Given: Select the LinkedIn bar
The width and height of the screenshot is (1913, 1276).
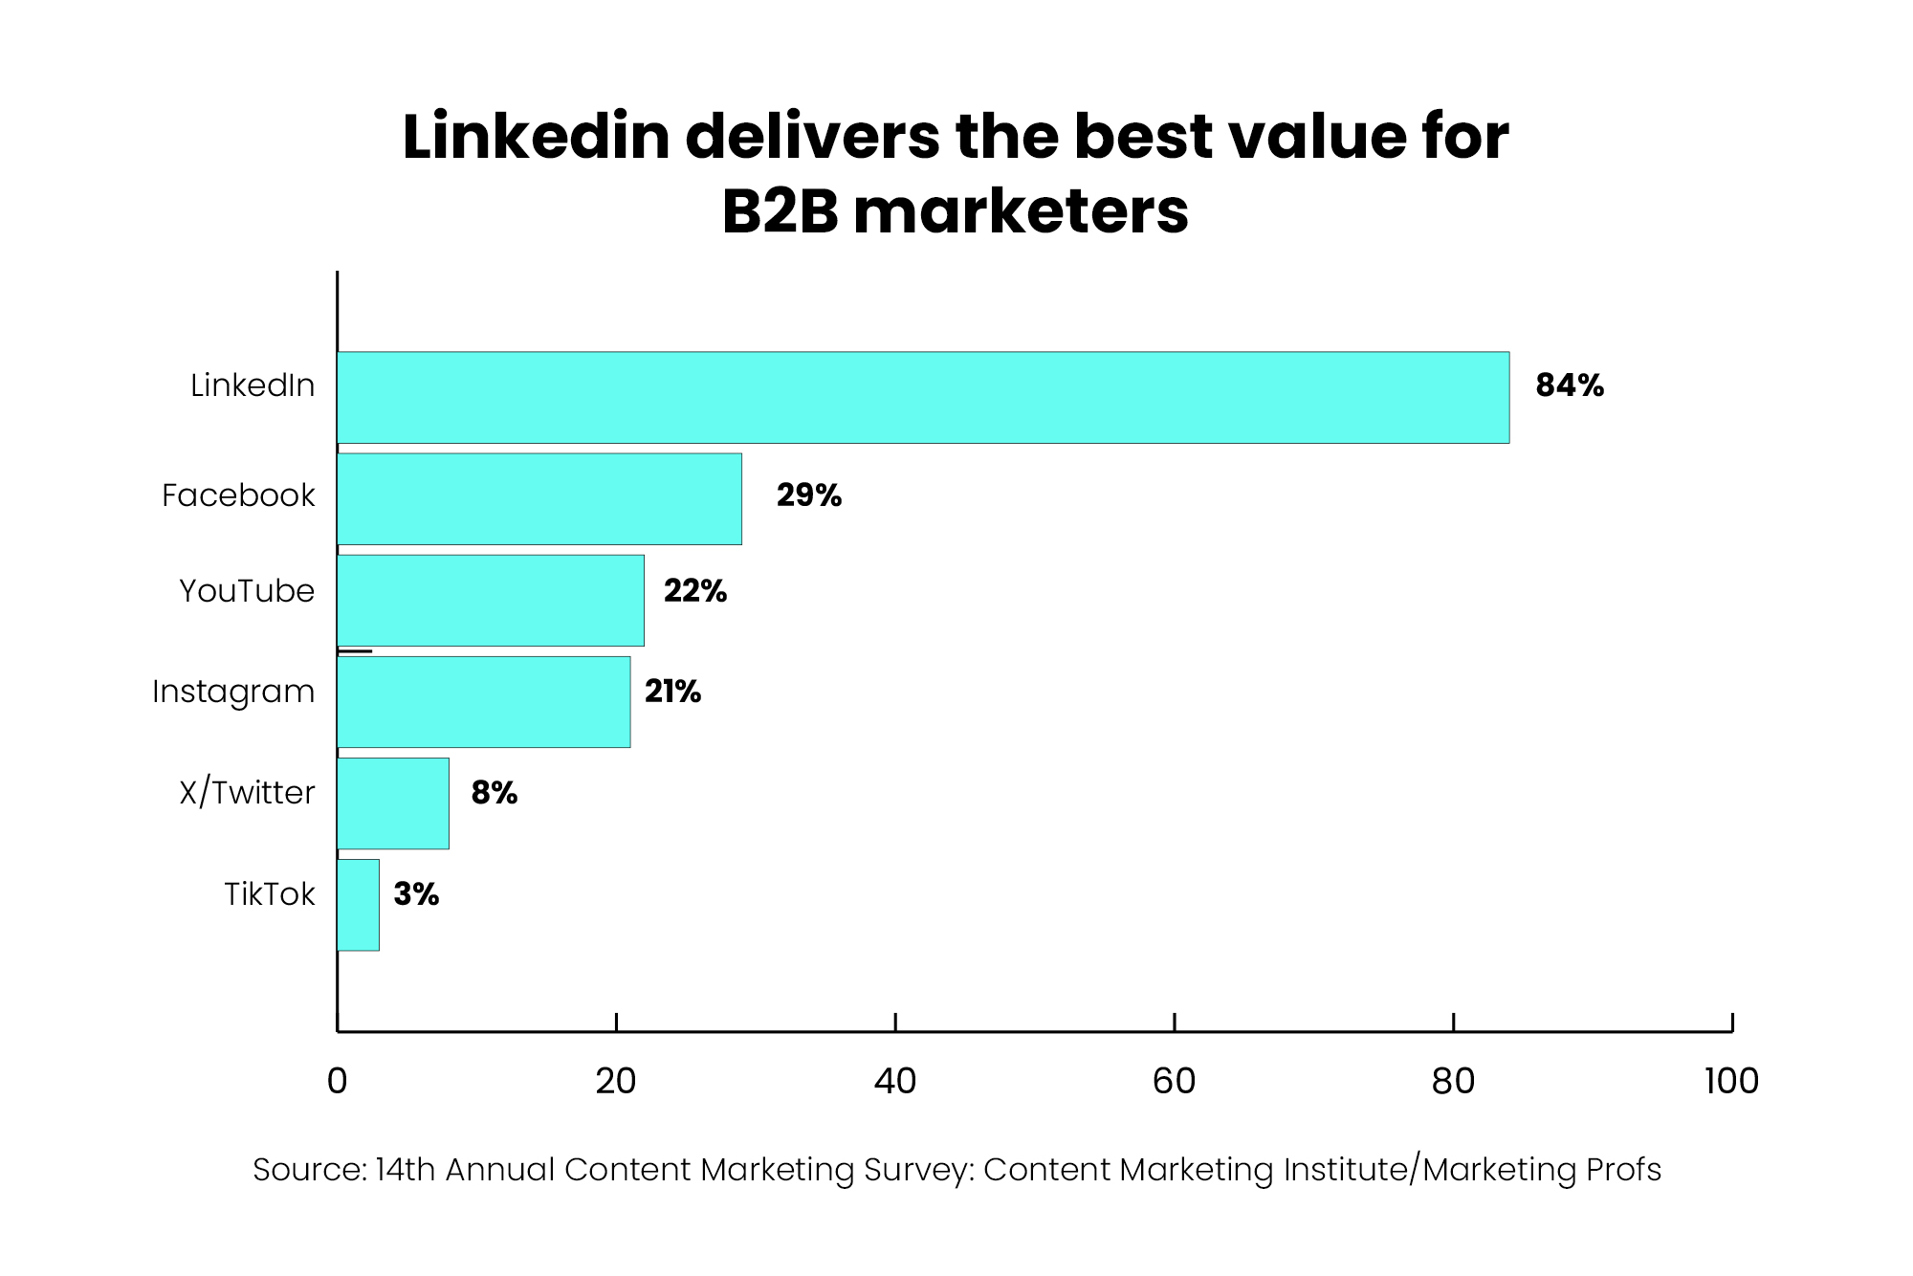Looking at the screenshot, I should pyautogui.click(x=923, y=397).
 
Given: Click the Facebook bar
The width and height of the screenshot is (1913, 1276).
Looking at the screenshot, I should pyautogui.click(x=539, y=498).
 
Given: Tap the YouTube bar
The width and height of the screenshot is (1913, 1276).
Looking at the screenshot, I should pyautogui.click(x=491, y=600).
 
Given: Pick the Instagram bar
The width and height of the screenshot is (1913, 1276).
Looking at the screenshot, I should pyautogui.click(x=484, y=701).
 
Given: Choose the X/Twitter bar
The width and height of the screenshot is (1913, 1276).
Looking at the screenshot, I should pyautogui.click(x=393, y=803).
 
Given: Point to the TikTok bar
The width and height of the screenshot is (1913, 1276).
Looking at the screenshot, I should pyautogui.click(x=359, y=904).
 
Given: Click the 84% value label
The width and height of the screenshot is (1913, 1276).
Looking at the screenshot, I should pyautogui.click(x=1569, y=385).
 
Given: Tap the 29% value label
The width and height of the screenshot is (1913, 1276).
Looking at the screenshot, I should pyautogui.click(x=808, y=495).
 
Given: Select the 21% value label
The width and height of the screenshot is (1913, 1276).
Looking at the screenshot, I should pyautogui.click(x=672, y=692).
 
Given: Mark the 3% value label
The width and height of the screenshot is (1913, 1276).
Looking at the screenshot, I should pyautogui.click(x=416, y=894).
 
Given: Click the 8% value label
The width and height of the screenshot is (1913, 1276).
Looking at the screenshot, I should pyautogui.click(x=494, y=793).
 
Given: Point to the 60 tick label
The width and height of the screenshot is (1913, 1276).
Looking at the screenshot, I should pyautogui.click(x=1174, y=1082).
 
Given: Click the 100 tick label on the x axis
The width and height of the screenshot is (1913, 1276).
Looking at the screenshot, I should pyautogui.click(x=1731, y=1082).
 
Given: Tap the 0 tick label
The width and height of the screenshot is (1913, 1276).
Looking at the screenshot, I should pyautogui.click(x=337, y=1082).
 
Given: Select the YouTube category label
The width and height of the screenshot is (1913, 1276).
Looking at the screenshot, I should pyautogui.click(x=247, y=591).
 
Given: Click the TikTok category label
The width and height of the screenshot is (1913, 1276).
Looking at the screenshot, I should pyautogui.click(x=269, y=894).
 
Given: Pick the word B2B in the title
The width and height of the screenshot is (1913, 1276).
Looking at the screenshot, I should pyautogui.click(x=780, y=212).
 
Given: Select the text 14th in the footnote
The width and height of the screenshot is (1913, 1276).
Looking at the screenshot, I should pyautogui.click(x=406, y=1170).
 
